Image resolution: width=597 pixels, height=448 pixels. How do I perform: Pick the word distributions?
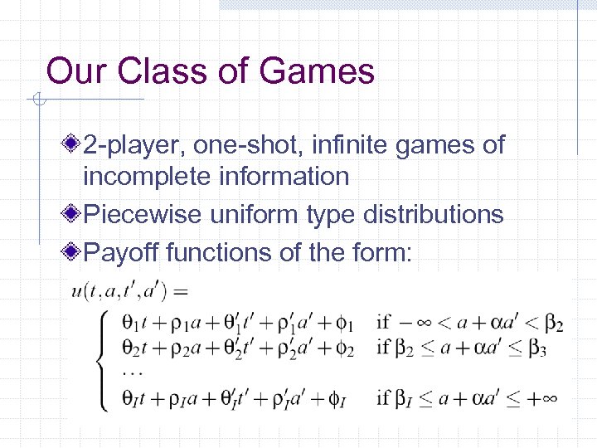(429, 214)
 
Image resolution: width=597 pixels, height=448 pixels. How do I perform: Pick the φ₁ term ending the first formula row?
(347, 323)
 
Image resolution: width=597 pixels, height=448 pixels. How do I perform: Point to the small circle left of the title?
(37, 102)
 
